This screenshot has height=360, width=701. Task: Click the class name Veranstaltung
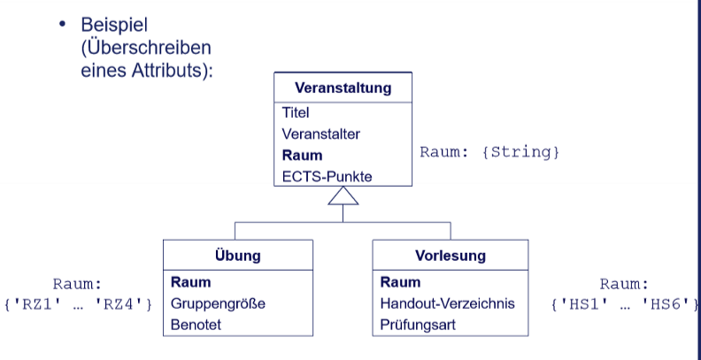[x=343, y=88]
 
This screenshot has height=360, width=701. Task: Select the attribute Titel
[x=296, y=113]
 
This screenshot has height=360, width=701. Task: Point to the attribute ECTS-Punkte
[x=327, y=176]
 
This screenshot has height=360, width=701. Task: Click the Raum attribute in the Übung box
[x=190, y=282]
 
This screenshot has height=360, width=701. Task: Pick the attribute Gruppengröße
[x=218, y=303]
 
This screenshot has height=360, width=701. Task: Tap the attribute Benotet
[x=196, y=325]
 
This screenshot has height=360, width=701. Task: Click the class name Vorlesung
[x=450, y=257]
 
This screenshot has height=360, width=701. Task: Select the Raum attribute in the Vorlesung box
[x=400, y=282]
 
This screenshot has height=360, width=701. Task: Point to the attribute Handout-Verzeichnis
[x=447, y=303]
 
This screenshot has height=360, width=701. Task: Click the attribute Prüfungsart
[x=420, y=325]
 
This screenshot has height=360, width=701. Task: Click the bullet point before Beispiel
[x=62, y=27]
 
